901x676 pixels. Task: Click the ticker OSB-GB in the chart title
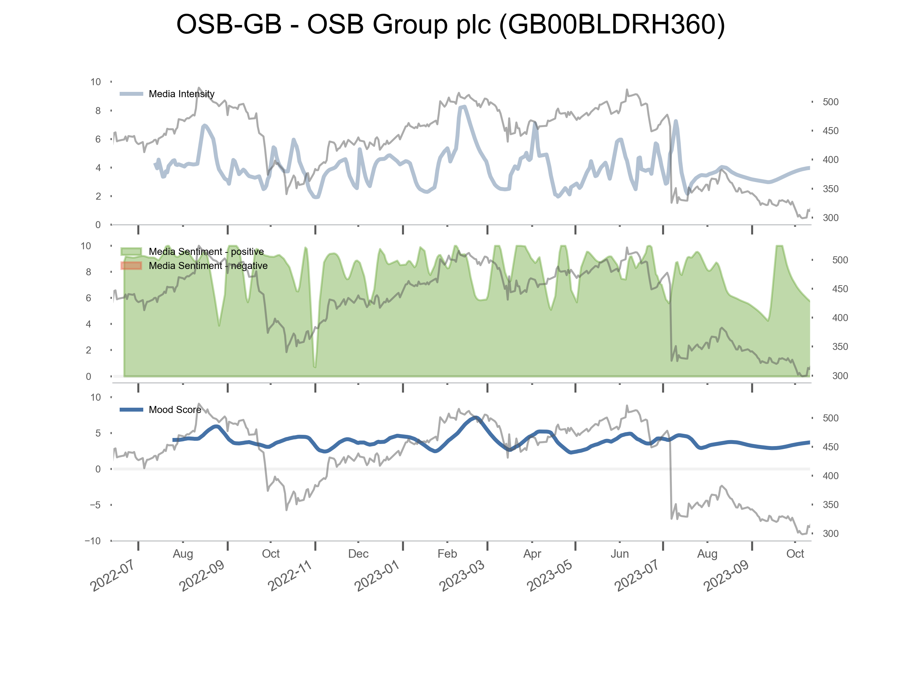pos(228,24)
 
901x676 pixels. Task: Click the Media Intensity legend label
pos(181,94)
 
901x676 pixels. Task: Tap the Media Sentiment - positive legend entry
pos(206,252)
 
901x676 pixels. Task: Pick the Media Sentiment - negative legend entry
pos(208,266)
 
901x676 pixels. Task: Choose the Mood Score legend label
pos(175,410)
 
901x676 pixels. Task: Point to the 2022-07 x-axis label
pos(112,576)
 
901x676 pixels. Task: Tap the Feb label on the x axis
pos(447,554)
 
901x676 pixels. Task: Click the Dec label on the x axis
pos(358,554)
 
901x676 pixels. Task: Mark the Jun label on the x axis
pos(619,554)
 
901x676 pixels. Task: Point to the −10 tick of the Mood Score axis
pos(93,541)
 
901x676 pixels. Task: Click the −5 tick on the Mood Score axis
pos(95,505)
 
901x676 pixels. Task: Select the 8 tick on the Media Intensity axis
pos(98,111)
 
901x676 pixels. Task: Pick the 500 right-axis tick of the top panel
pos(831,102)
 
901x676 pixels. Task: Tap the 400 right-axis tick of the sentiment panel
pos(840,318)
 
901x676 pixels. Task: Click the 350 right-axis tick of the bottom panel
pos(831,505)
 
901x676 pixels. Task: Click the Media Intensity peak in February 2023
pos(463,107)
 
